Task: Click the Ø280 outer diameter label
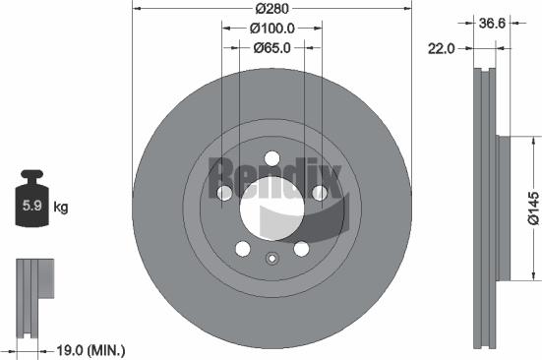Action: (x=269, y=10)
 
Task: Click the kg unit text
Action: (x=61, y=207)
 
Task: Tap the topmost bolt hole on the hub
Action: (x=270, y=159)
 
